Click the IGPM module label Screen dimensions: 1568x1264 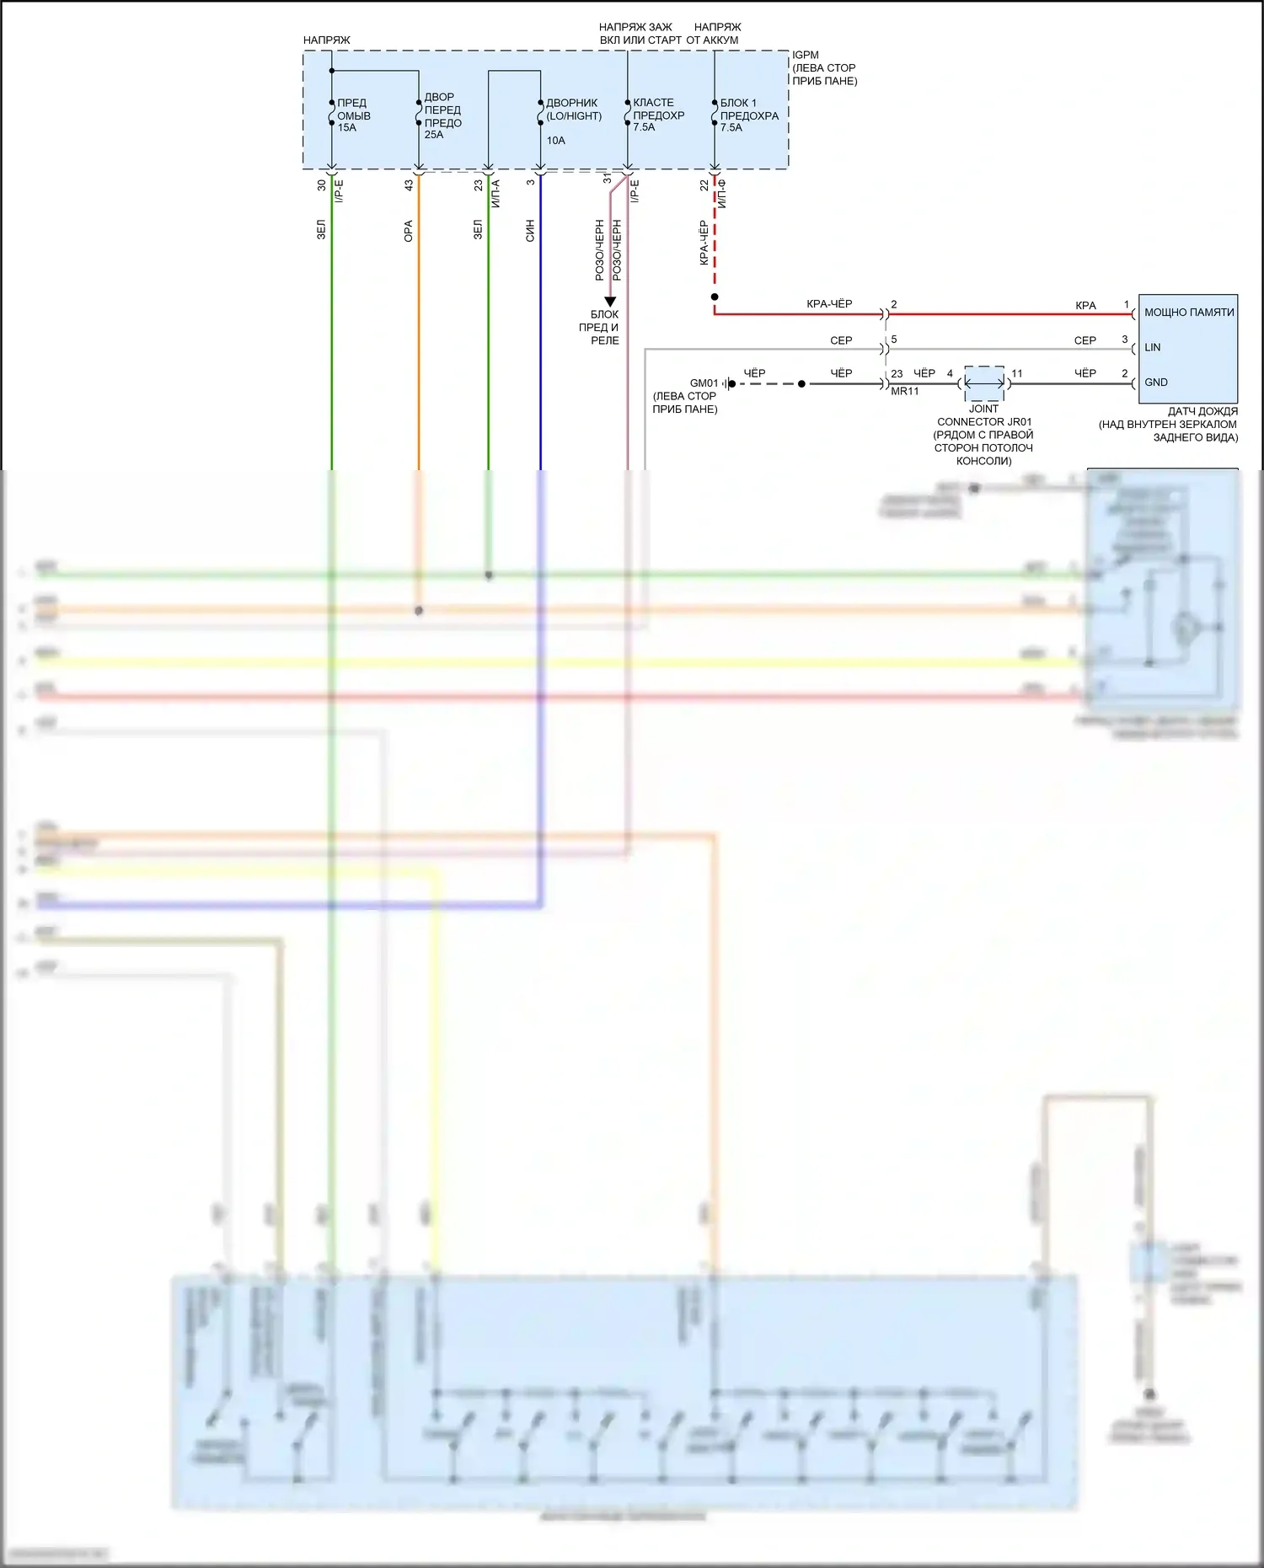805,55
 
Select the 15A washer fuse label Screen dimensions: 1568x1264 353,115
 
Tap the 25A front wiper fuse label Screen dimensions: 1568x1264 442,115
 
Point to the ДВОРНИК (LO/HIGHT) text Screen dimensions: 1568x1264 573,110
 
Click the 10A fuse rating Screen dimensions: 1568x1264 556,141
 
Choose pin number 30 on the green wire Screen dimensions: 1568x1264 321,185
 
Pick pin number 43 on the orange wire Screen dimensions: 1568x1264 409,185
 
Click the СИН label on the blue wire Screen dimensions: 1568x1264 530,231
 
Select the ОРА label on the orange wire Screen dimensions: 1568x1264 409,231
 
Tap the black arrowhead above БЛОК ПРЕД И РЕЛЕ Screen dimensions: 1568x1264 610,301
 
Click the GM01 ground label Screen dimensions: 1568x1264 704,383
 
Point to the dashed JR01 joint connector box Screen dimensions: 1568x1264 984,383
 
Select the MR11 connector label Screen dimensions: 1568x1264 905,392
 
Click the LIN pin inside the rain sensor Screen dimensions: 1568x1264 1152,347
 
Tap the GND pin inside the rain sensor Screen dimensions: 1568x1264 1155,383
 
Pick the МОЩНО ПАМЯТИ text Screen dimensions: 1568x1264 1188,313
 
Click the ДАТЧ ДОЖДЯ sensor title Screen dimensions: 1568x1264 1202,411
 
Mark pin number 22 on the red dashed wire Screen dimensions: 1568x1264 704,185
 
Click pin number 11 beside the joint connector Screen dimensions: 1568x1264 1017,373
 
